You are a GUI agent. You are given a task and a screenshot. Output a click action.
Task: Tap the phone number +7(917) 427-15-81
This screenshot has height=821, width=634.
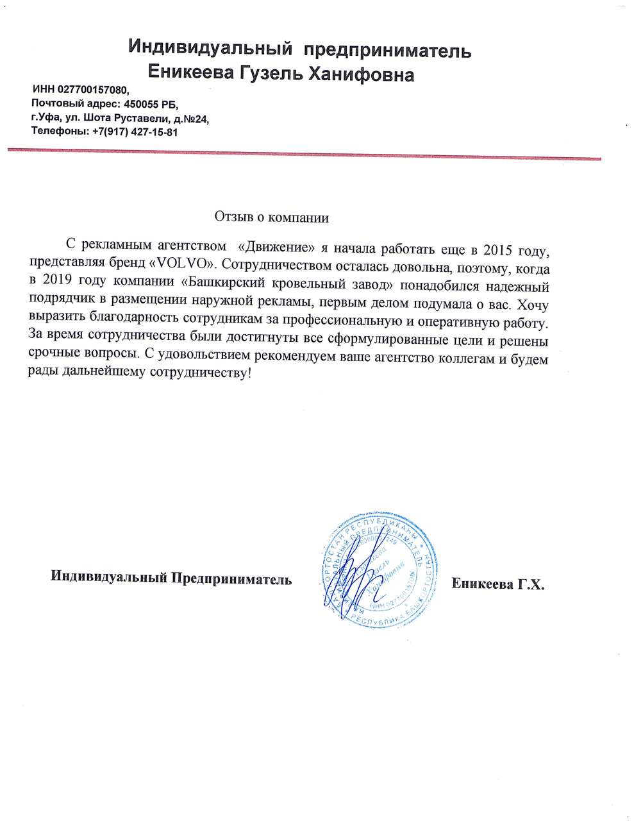pos(135,132)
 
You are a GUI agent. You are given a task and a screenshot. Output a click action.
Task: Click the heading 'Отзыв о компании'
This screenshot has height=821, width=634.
pos(271,217)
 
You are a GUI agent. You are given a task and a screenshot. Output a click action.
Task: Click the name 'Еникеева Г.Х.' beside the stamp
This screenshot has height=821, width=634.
pos(497,584)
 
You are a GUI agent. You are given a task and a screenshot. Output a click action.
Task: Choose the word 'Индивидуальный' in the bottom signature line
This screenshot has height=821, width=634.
pos(108,579)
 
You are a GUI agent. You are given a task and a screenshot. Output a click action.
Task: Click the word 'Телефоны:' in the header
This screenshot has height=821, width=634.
pos(60,132)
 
